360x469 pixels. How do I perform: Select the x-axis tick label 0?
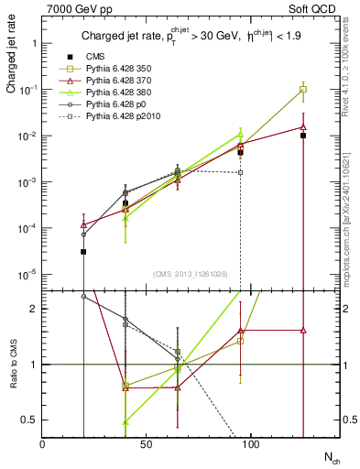(42, 443)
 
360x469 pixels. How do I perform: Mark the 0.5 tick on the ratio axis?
(30, 420)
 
